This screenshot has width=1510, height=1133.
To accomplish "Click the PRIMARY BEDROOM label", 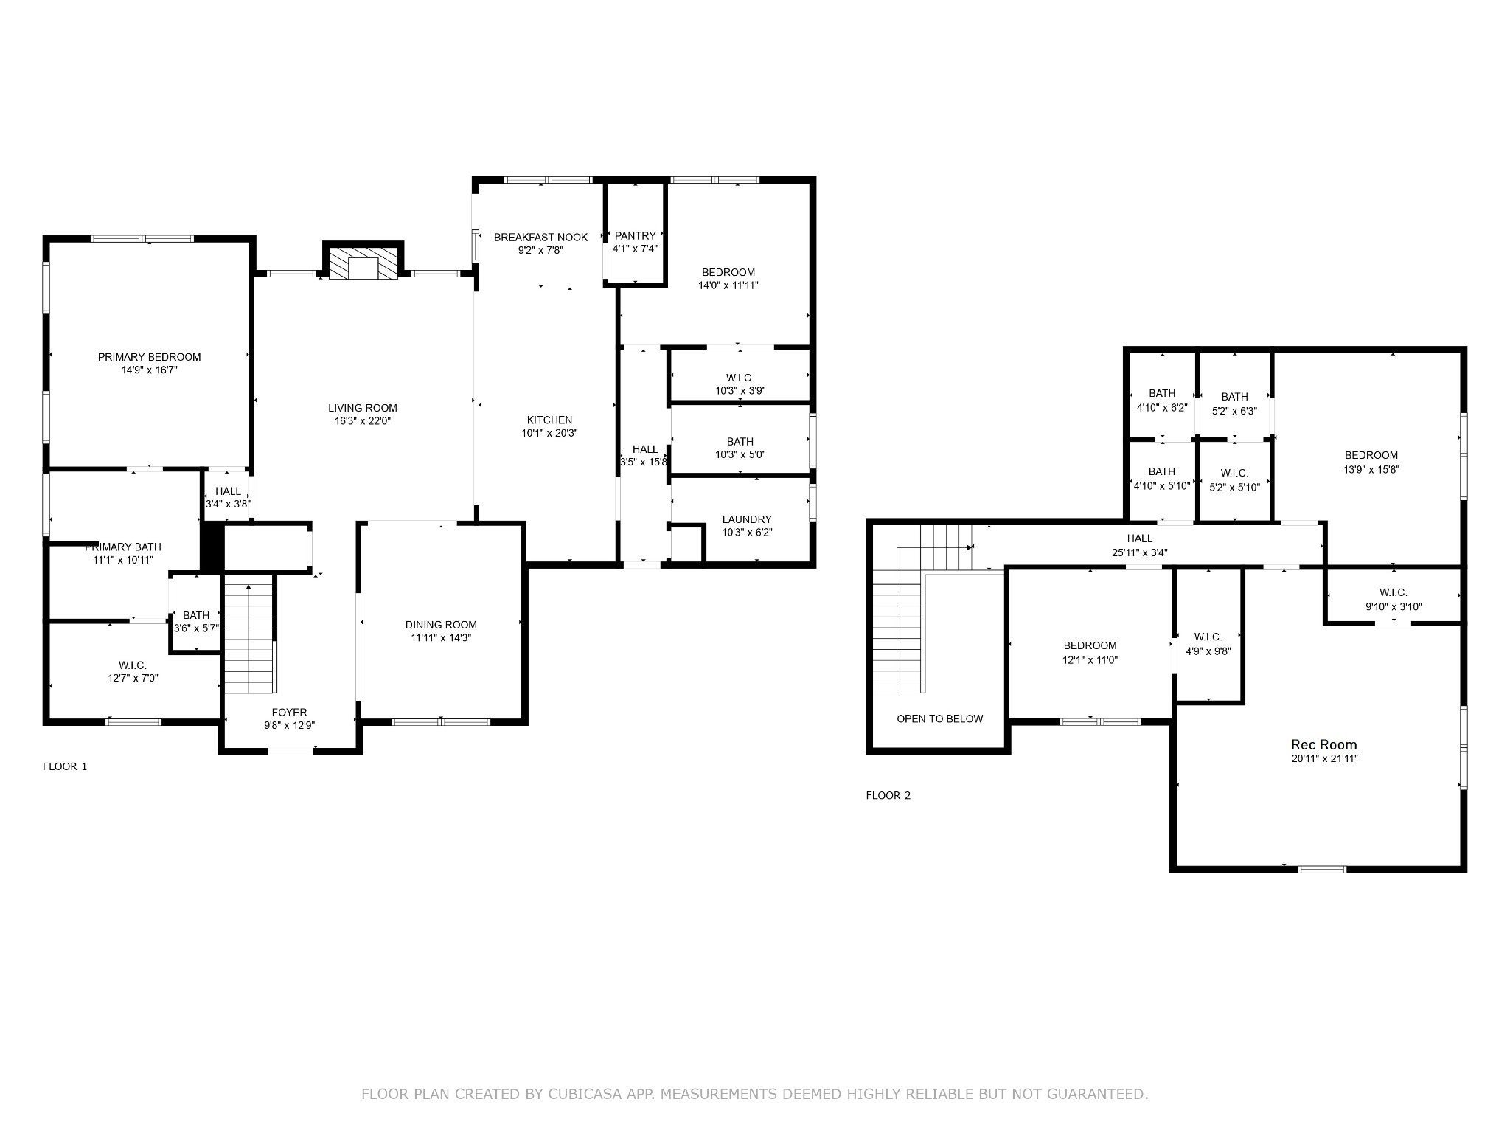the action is point(149,357).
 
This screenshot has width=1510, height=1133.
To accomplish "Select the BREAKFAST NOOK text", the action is point(540,237).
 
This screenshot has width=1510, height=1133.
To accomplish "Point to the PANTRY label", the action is point(635,236).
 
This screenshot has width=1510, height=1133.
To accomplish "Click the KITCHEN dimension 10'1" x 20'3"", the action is point(549,433).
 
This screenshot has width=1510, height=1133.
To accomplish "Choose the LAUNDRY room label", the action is point(747,519).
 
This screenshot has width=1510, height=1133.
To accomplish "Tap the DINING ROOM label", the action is point(441,625).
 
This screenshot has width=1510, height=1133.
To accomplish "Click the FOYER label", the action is point(289,713).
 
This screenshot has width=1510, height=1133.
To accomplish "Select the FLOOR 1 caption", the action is point(65,766).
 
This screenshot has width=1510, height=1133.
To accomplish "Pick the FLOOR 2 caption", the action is point(888,795).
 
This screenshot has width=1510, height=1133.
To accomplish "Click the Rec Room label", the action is point(1324,744).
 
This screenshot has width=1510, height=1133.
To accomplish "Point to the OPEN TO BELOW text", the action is point(940,718).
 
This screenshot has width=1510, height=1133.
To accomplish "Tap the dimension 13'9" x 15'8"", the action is point(1371,468).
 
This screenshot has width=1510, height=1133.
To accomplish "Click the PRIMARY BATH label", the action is point(123,547).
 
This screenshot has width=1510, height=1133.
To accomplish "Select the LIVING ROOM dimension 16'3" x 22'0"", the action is point(363,420).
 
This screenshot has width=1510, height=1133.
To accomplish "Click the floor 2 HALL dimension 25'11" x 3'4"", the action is point(1140,552).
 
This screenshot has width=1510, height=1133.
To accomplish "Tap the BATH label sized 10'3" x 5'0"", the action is point(740,442).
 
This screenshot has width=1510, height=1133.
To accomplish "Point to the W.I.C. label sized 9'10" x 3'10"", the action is point(1394,592).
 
